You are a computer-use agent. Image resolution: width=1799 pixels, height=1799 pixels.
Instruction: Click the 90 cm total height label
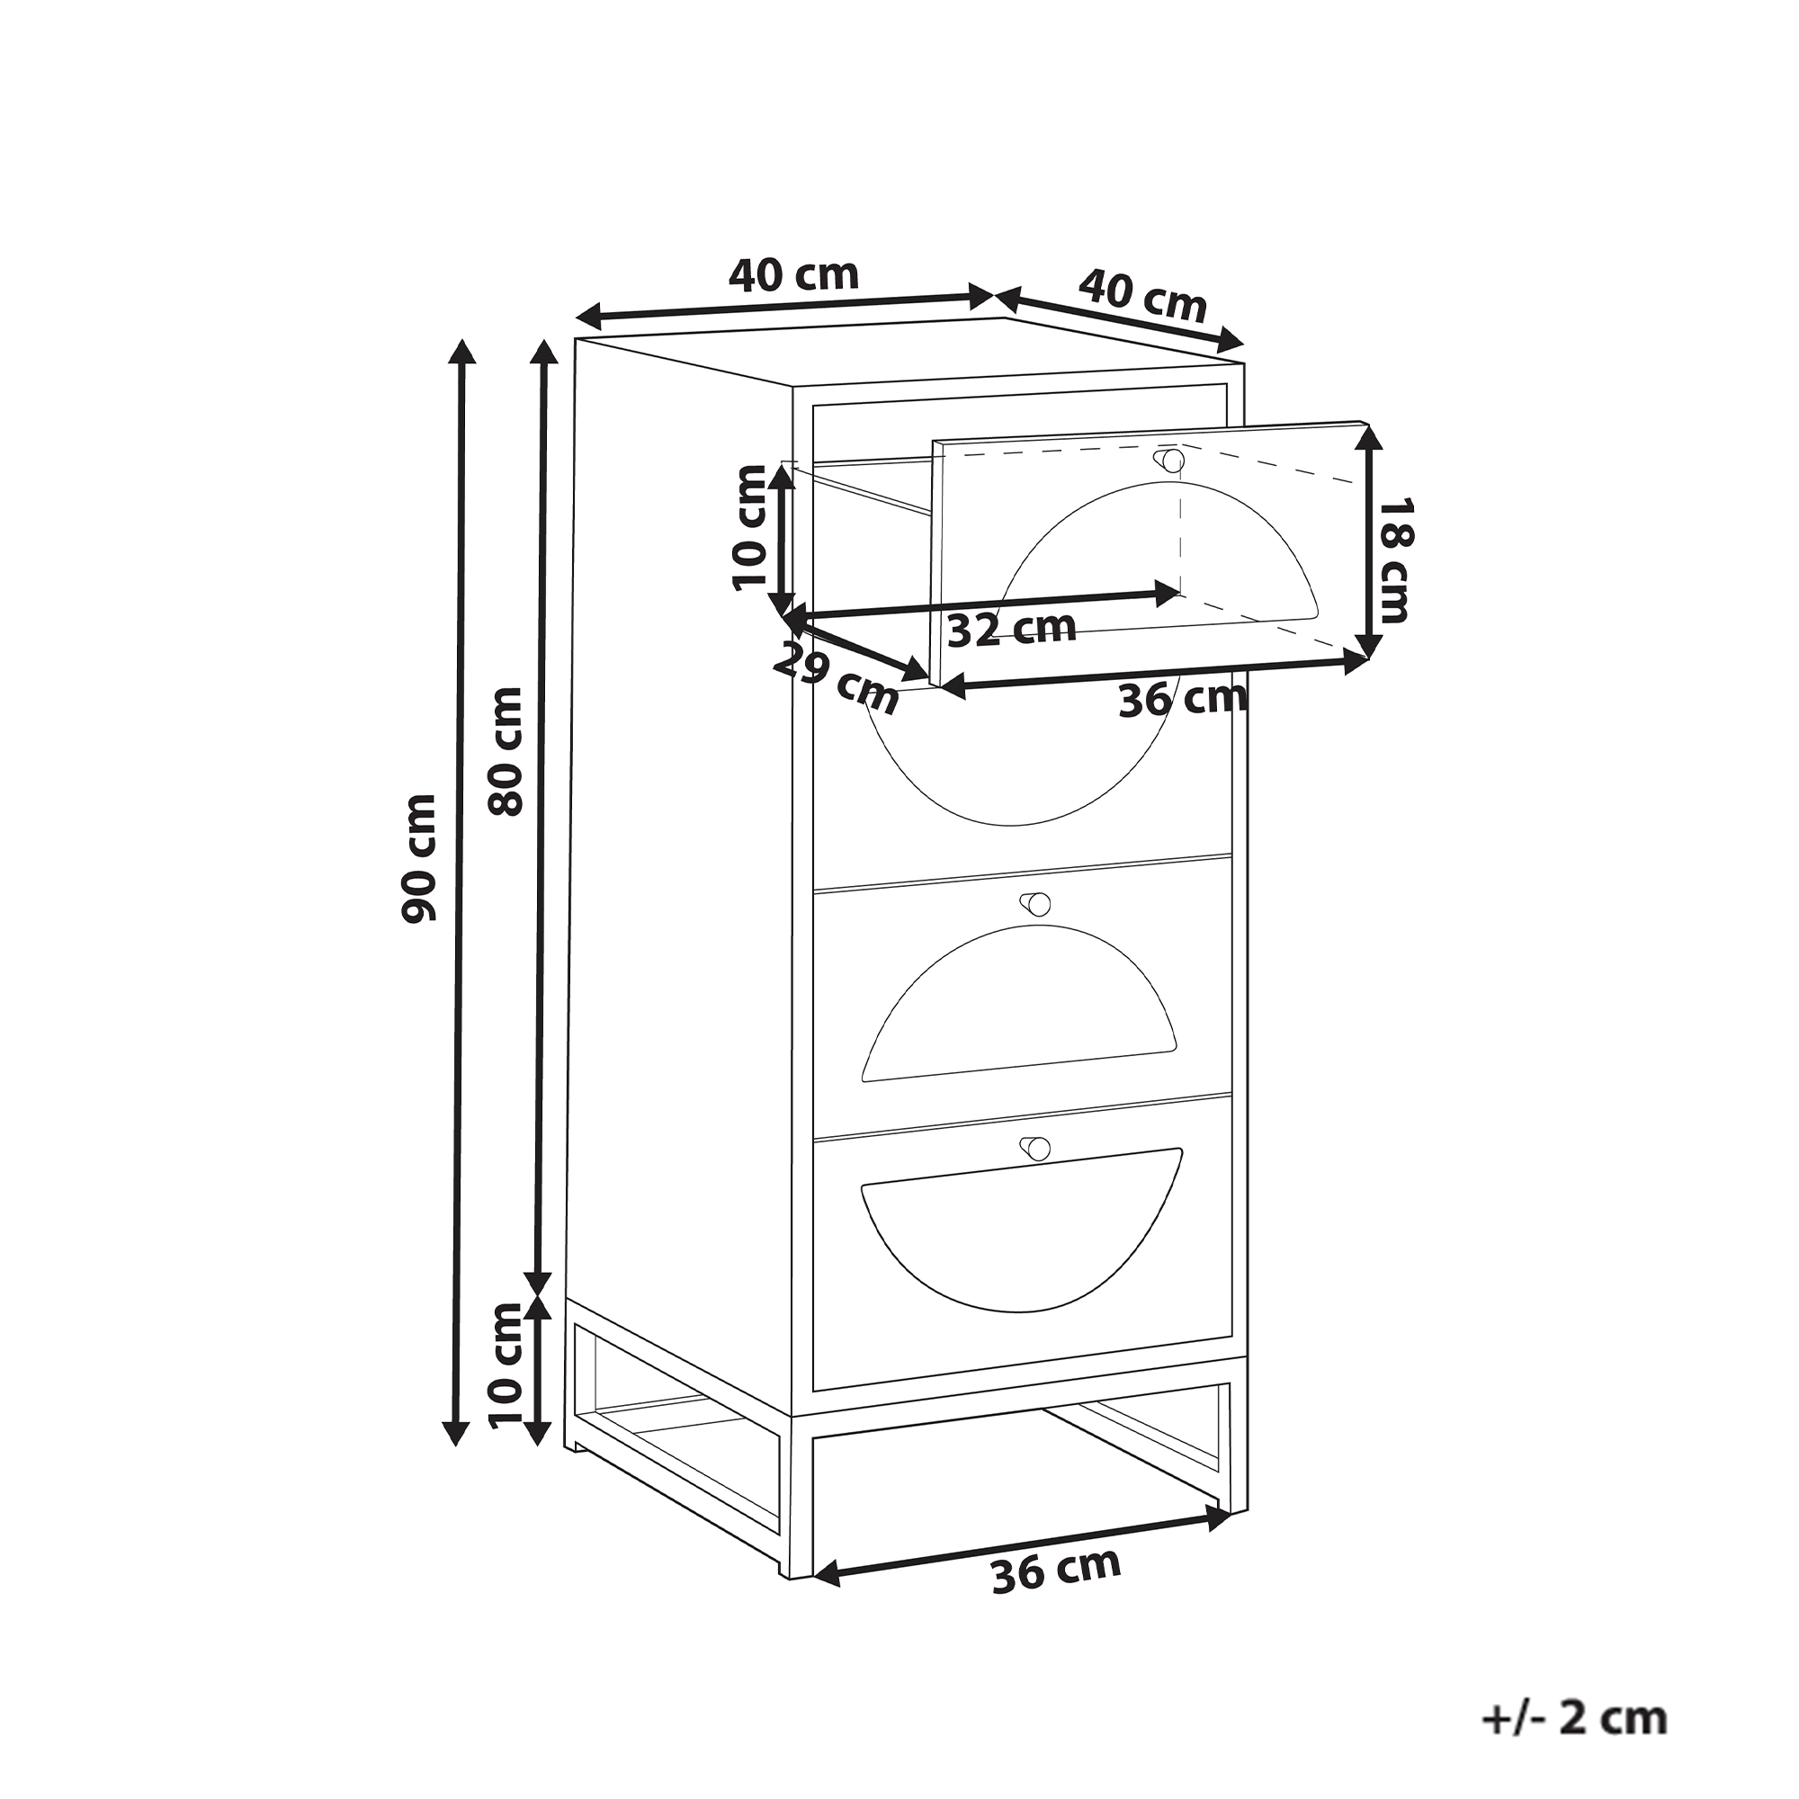pyautogui.click(x=419, y=857)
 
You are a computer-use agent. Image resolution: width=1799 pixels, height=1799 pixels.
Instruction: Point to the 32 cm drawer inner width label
pyautogui.click(x=1011, y=629)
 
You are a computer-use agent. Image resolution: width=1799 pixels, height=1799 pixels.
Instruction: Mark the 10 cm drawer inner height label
pyautogui.click(x=748, y=527)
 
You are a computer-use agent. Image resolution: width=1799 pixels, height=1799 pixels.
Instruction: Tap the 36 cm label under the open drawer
pyautogui.click(x=1182, y=698)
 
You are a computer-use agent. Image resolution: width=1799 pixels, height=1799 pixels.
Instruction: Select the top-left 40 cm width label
pyautogui.click(x=793, y=274)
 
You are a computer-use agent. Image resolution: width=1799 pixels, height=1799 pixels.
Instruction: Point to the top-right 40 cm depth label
pyautogui.click(x=1142, y=294)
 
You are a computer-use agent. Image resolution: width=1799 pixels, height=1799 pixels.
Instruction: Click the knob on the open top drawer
pyautogui.click(x=1172, y=460)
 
